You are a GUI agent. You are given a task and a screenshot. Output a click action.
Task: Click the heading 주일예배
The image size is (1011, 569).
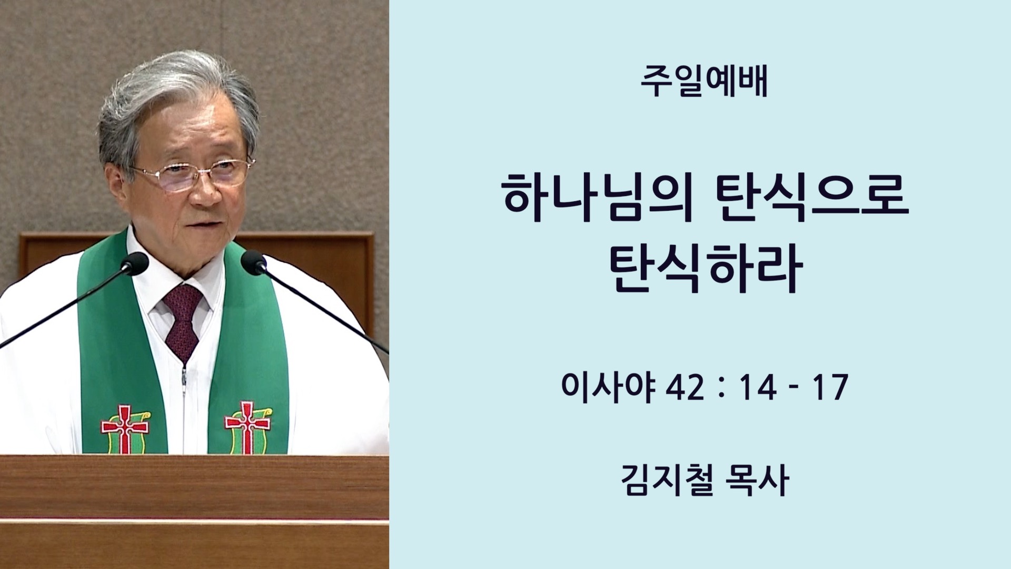pos(705,83)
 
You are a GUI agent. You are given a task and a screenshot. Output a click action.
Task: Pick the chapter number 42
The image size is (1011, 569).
pos(685,388)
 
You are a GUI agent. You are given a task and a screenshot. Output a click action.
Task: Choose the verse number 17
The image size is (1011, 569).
pos(829,388)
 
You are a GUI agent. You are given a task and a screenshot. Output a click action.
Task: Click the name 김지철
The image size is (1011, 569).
pos(667,481)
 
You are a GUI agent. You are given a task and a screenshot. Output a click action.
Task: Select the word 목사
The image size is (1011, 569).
pos(757,481)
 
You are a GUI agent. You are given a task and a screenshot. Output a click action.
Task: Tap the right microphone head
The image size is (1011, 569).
pos(254,262)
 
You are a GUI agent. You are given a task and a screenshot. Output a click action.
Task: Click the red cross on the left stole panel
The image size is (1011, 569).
pos(124,428)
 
